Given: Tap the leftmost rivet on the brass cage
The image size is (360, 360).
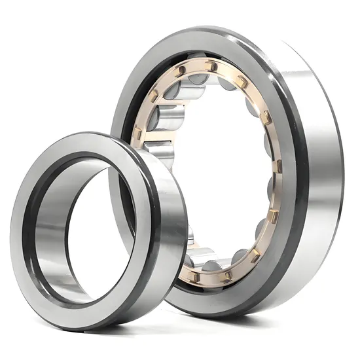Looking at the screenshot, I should click(x=138, y=134).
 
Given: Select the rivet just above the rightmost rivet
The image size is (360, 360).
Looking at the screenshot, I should click(x=266, y=118).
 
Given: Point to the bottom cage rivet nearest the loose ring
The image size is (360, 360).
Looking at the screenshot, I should click(x=194, y=277).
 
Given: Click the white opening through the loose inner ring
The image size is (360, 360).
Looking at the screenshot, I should click(x=98, y=229).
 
